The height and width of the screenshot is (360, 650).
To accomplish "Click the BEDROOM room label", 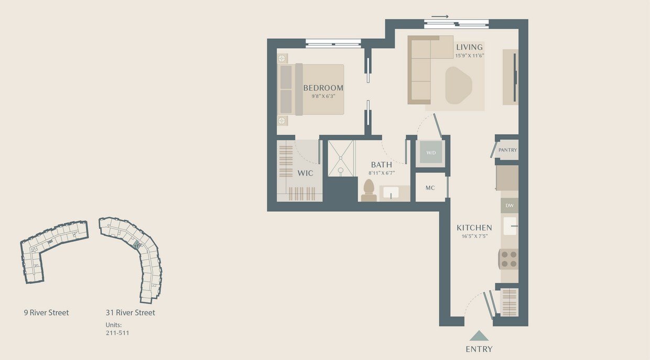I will tap(323, 88).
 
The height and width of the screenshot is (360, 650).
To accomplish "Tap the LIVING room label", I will tap(469, 47).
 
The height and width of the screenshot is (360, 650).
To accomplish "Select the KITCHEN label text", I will tap(474, 227).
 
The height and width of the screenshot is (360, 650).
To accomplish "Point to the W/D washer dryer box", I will tap(431, 153).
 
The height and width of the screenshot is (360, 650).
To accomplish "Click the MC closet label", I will tap(430, 188).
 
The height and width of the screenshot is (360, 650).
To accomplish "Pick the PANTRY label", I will tap(507, 150).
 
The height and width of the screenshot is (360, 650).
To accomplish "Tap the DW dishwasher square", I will tap(509, 205).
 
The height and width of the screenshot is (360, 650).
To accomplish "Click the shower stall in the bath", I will tap(341, 158).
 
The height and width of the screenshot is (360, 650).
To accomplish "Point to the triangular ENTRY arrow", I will tap(479, 336).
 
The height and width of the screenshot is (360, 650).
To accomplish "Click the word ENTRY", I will tap(479, 349).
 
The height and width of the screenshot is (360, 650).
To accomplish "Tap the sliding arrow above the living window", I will tap(440, 16).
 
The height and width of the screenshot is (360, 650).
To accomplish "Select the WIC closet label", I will tap(305, 173).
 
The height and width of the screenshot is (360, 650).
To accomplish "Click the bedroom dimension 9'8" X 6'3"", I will tap(323, 96).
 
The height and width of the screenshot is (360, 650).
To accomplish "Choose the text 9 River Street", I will tap(46, 313).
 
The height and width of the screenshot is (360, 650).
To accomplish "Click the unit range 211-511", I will tap(117, 333).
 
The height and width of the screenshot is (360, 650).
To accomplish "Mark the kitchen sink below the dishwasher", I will tap(510, 226).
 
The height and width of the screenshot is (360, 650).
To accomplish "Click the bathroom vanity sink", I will tap(391, 193).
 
